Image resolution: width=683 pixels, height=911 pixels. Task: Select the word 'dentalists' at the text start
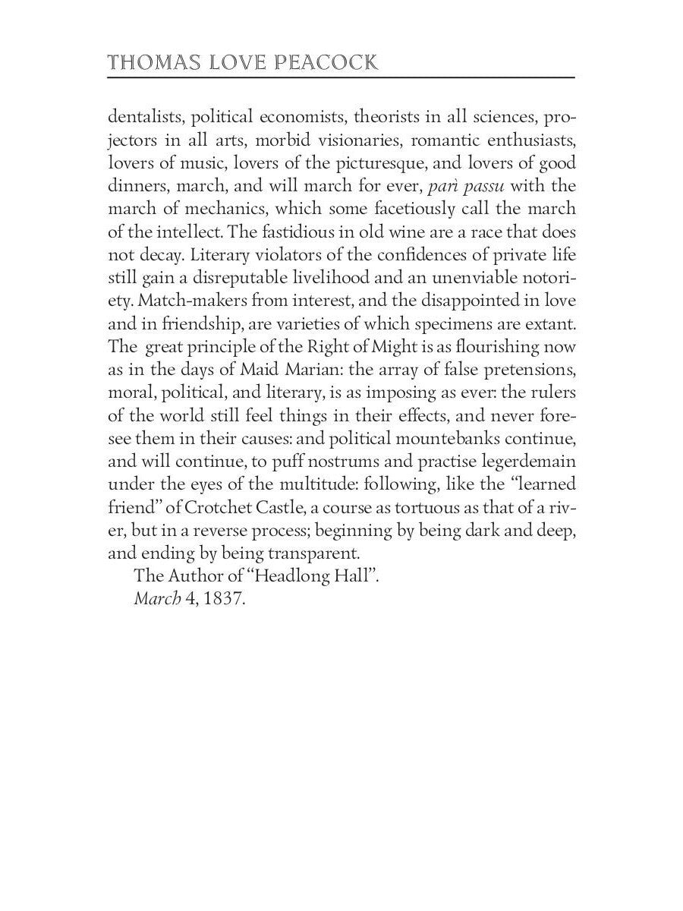[146, 118]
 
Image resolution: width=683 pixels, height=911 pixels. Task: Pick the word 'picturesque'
[376, 163]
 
